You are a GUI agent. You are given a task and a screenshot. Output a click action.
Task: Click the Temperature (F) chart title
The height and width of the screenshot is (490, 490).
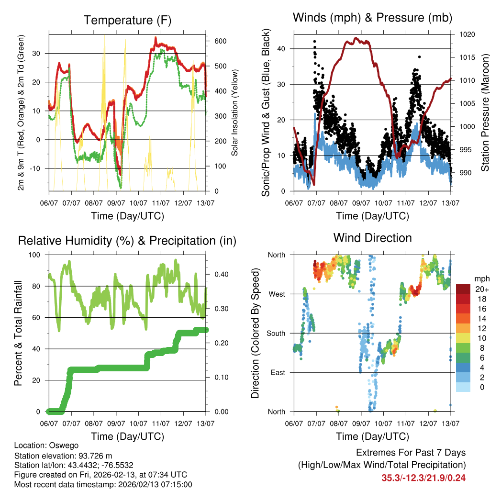coord(127,20)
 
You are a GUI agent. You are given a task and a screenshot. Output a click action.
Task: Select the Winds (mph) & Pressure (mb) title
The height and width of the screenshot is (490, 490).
coord(372,18)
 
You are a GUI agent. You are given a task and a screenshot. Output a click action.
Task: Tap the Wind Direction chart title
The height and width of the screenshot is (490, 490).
coord(372,237)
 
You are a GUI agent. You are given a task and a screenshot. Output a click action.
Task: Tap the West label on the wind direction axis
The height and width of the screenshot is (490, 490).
coord(277,294)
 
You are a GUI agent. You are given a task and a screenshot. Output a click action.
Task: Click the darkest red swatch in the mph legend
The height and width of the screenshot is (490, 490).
coord(463,290)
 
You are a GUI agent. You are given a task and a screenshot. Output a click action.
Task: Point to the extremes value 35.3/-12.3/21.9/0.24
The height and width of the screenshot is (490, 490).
coord(423,478)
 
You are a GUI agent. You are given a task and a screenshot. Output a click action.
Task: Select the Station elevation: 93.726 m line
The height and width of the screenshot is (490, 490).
coord(63,456)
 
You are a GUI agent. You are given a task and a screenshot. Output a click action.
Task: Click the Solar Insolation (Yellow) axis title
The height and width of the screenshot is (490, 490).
coord(235,112)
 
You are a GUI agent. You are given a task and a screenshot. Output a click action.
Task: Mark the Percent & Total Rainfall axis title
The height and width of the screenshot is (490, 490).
coord(18,333)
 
